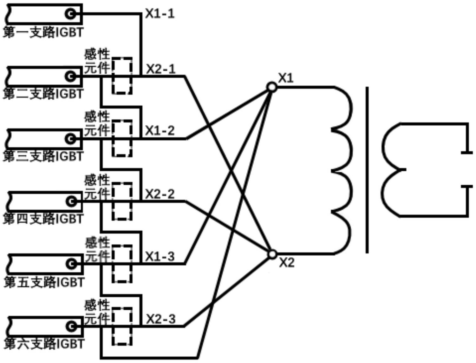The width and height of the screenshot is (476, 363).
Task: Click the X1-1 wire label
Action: point(160,14)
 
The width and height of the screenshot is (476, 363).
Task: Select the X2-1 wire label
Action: point(160,69)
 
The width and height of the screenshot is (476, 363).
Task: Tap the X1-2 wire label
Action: point(160,130)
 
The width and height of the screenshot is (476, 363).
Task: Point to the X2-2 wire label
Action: point(160,194)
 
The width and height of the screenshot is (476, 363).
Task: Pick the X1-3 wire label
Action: point(160,256)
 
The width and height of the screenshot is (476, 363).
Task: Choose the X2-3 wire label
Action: point(160,319)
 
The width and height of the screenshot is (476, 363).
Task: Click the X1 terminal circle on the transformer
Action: point(271,87)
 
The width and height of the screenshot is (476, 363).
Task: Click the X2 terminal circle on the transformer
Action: point(272,254)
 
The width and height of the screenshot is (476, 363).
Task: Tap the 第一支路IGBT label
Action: point(43,32)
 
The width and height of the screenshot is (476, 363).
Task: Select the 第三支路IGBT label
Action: point(43,156)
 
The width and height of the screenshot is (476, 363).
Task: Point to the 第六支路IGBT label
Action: point(44,344)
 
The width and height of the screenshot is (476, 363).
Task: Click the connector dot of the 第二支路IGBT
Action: point(70,76)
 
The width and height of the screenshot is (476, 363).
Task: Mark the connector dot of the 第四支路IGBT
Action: point(71,201)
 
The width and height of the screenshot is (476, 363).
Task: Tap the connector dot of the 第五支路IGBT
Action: point(71,264)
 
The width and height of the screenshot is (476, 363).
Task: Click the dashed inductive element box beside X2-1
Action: point(122,76)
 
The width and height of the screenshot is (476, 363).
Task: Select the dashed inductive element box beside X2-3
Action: point(122,326)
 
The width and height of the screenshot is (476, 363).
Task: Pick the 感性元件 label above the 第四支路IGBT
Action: point(97,187)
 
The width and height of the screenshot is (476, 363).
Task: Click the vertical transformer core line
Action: point(367,170)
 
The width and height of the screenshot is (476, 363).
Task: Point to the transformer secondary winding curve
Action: point(390,170)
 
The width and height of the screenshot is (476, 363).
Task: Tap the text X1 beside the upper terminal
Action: point(286,78)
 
